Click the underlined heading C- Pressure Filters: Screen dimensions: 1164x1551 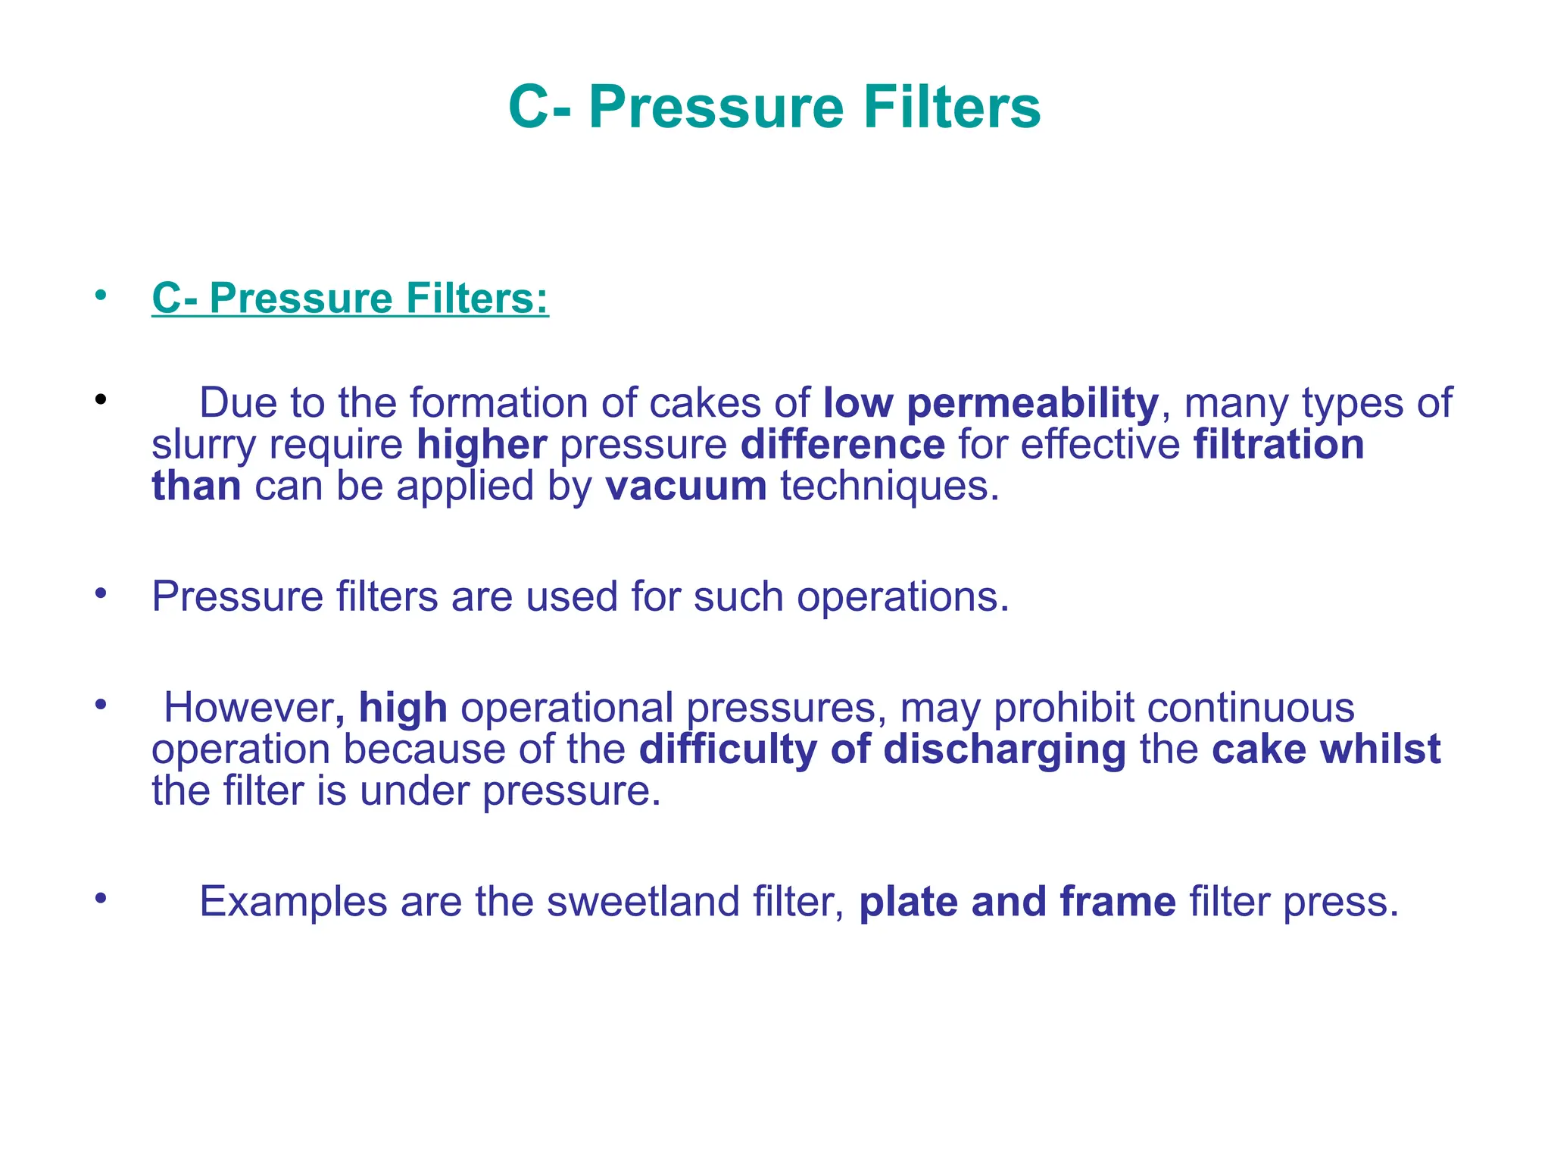(350, 298)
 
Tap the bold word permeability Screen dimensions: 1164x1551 (1032, 403)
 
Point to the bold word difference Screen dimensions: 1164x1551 (842, 445)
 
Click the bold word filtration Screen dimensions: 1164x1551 (1278, 445)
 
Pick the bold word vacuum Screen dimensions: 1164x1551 (685, 486)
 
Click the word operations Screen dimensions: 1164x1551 (902, 597)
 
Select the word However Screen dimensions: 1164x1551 (248, 708)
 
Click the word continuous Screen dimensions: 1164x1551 (1250, 708)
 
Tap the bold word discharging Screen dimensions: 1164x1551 (1004, 749)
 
